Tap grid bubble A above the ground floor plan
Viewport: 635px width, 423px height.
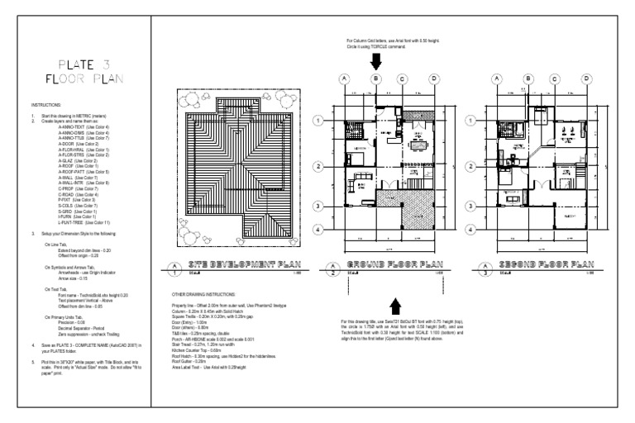click(x=342, y=78)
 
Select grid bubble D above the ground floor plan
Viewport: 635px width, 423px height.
click(x=433, y=78)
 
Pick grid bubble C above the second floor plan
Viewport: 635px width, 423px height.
click(x=557, y=78)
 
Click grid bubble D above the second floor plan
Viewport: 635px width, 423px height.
click(x=589, y=78)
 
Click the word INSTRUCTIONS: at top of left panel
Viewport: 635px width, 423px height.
click(x=45, y=106)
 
